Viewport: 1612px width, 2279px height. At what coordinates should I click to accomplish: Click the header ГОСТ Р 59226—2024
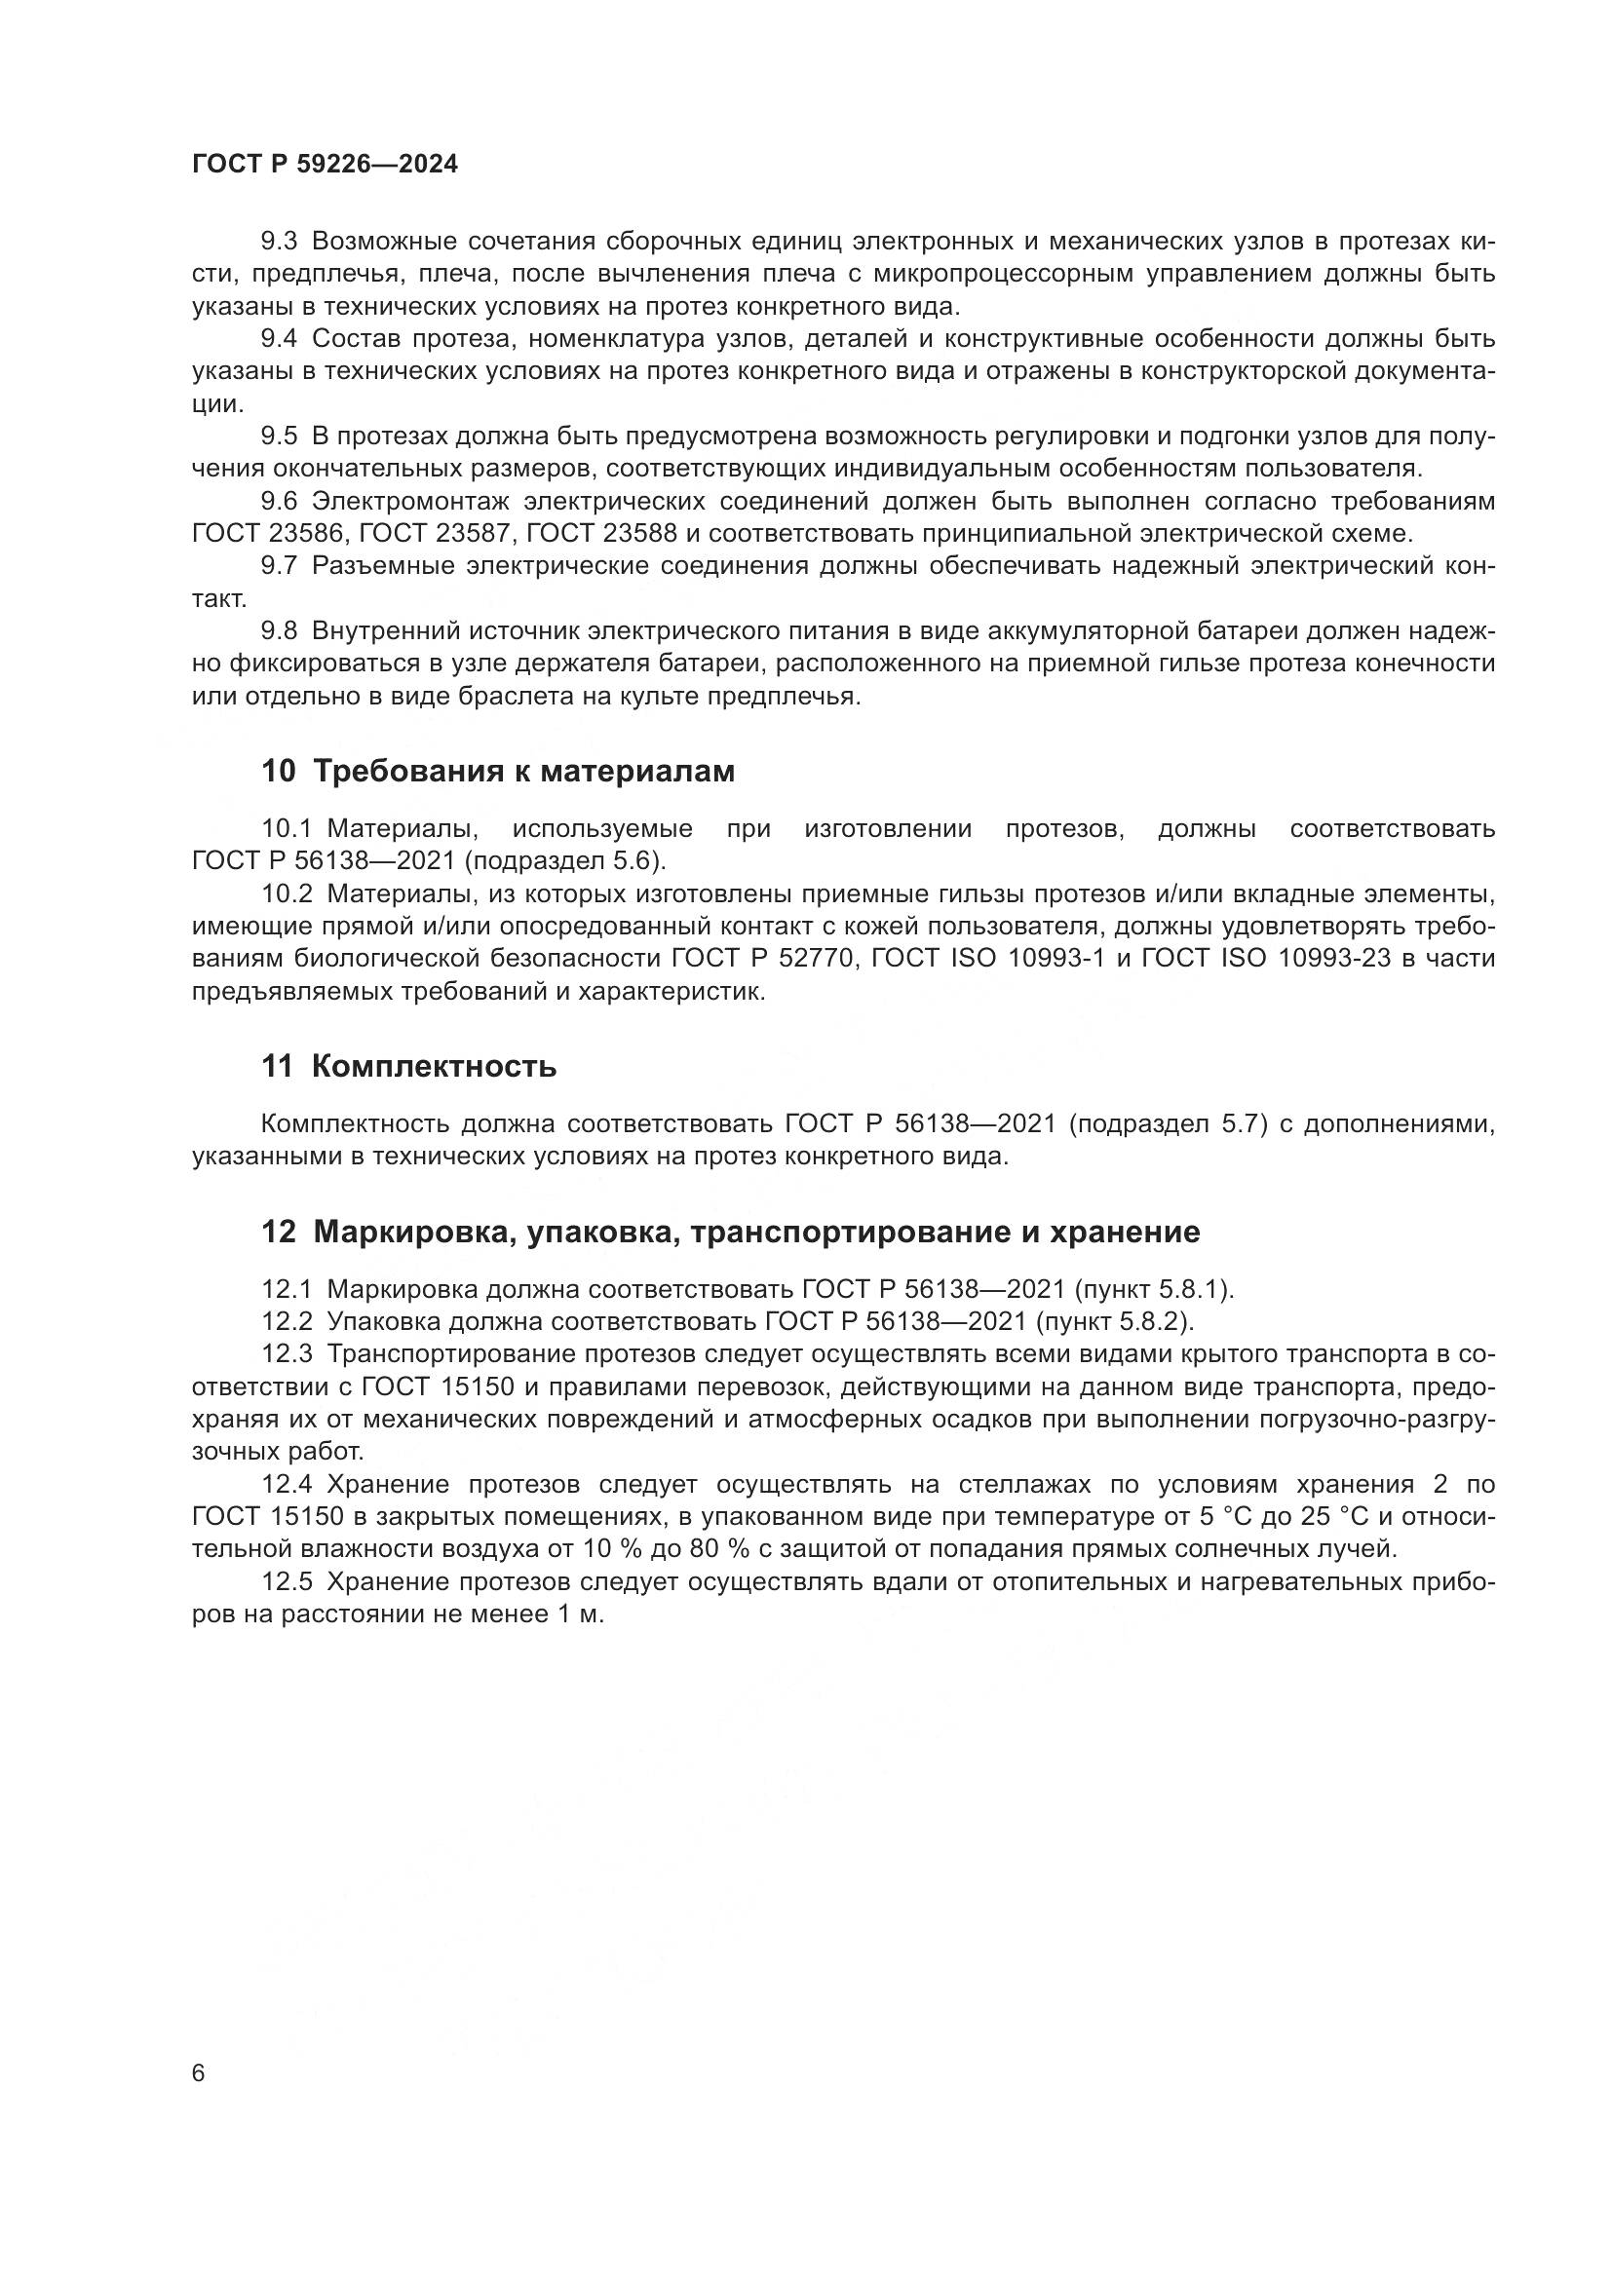point(325,165)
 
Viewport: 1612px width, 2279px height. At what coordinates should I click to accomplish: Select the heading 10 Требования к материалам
point(497,772)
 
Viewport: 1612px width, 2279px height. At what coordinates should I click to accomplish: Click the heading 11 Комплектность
point(408,1067)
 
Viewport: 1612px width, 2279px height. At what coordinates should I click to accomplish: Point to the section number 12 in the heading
point(278,1233)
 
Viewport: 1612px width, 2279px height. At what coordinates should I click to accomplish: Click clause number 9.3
point(279,242)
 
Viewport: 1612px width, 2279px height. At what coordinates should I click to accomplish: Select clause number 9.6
point(279,501)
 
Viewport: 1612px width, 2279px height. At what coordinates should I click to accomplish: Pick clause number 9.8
point(279,631)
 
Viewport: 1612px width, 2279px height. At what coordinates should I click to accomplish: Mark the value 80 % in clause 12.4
point(715,1549)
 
